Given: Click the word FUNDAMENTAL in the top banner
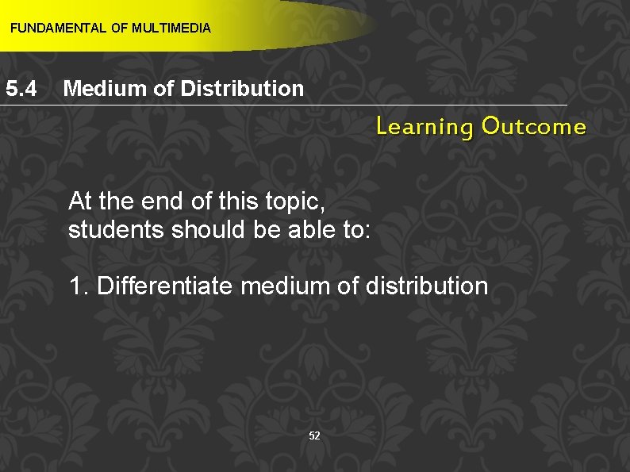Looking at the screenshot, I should (57, 29).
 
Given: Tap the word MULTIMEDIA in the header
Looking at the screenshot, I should (171, 29).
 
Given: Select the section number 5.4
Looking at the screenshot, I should (21, 88).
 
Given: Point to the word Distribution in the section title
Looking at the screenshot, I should (242, 88).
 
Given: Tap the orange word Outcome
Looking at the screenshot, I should (533, 127).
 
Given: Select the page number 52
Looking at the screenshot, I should (314, 436).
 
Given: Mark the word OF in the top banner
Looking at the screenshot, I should (120, 29).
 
